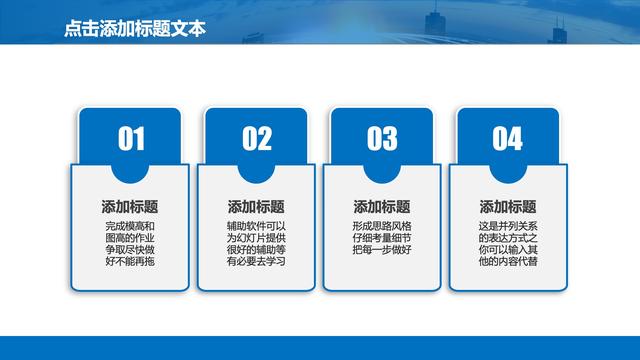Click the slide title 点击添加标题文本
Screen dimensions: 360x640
click(x=133, y=30)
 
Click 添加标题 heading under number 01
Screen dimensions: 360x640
click(x=130, y=206)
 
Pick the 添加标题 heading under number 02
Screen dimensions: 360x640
click(x=256, y=206)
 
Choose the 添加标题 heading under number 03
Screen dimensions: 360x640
click(x=382, y=206)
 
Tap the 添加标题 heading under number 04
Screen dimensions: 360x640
click(x=508, y=206)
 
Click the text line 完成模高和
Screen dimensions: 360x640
click(x=130, y=226)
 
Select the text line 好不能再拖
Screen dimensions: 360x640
click(x=130, y=262)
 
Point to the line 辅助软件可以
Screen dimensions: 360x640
click(x=256, y=226)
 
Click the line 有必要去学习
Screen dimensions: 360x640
click(x=256, y=262)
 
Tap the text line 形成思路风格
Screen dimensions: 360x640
click(x=382, y=226)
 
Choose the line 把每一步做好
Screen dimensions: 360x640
click(x=382, y=250)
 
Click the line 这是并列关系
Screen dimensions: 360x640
click(x=508, y=226)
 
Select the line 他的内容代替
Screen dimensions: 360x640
click(x=508, y=262)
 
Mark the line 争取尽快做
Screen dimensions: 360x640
click(x=130, y=250)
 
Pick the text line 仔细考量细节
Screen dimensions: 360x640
click(x=382, y=238)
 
